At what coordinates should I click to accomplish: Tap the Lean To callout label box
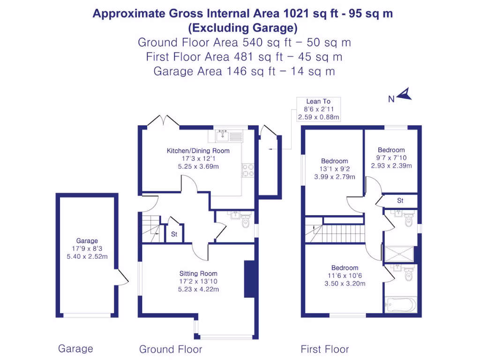tap(318, 109)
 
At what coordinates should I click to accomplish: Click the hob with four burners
tap(248, 170)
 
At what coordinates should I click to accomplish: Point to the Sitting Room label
tap(198, 273)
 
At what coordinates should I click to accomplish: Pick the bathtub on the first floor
tap(400, 305)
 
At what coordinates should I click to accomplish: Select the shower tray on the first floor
tap(399, 254)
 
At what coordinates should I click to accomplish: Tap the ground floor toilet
tap(246, 223)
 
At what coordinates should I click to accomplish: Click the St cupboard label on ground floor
tap(174, 234)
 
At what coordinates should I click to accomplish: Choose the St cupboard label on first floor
tap(400, 201)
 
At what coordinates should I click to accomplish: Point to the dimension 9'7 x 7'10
tap(391, 158)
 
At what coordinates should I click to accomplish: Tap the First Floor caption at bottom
tap(324, 349)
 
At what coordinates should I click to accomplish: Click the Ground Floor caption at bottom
tap(171, 349)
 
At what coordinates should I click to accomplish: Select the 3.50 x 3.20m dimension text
tap(345, 284)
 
